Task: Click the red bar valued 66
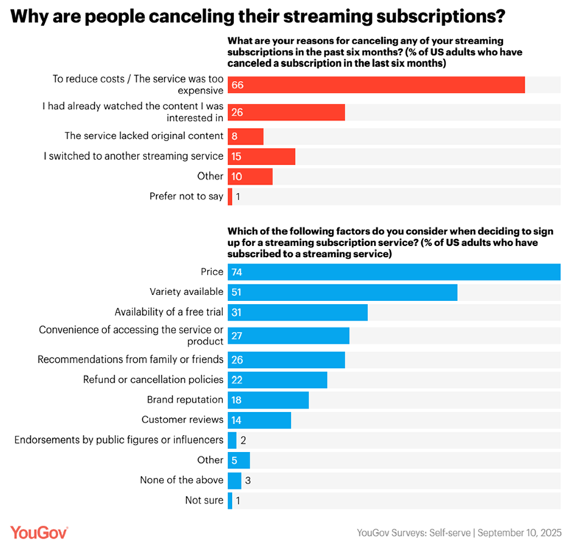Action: coord(376,85)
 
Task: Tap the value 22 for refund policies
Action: coord(236,380)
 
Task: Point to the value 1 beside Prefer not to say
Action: coord(239,197)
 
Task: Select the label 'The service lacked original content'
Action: coord(144,136)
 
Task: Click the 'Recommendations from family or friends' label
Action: coord(131,360)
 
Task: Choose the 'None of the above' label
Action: coord(181,480)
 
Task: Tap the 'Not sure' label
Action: coord(204,501)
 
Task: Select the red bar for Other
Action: coord(250,177)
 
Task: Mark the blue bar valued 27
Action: coord(289,336)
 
